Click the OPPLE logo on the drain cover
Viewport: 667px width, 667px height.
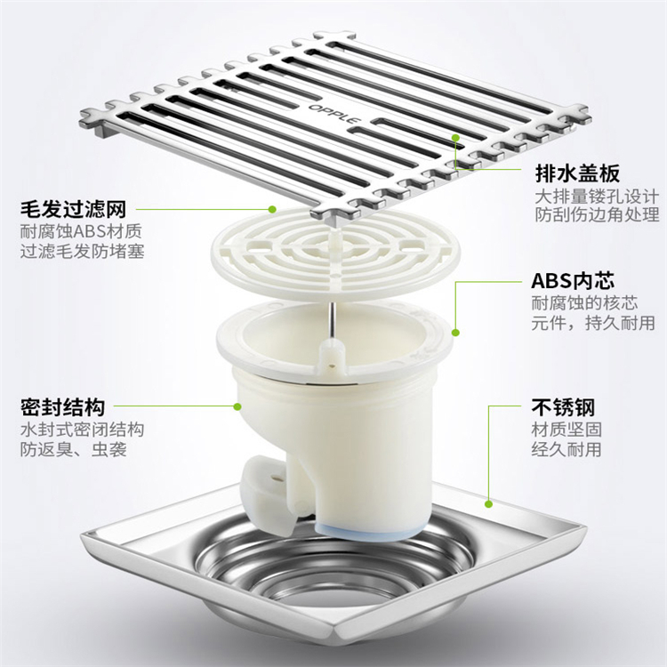pos(334,114)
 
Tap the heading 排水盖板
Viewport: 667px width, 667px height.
pos(577,173)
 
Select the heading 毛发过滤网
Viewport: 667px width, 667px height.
pos(73,209)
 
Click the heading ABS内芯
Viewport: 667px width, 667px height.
pos(573,281)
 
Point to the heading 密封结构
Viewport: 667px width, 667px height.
pos(62,407)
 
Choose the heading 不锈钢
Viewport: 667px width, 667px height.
pos(562,407)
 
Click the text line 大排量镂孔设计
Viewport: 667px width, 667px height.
pos(597,197)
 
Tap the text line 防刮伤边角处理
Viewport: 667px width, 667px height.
pos(597,215)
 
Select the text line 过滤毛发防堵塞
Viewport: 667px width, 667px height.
pos(82,251)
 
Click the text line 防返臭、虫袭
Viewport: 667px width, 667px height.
pos(73,449)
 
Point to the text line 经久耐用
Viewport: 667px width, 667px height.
pos(567,449)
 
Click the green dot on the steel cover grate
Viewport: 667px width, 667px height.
pos(455,137)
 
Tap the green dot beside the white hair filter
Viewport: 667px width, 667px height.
pos(272,209)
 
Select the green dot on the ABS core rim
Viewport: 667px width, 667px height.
pos(455,333)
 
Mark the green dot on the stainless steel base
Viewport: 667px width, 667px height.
pos(489,504)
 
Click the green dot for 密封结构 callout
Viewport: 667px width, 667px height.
pos(237,406)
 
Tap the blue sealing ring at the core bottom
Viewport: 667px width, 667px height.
pos(365,531)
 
